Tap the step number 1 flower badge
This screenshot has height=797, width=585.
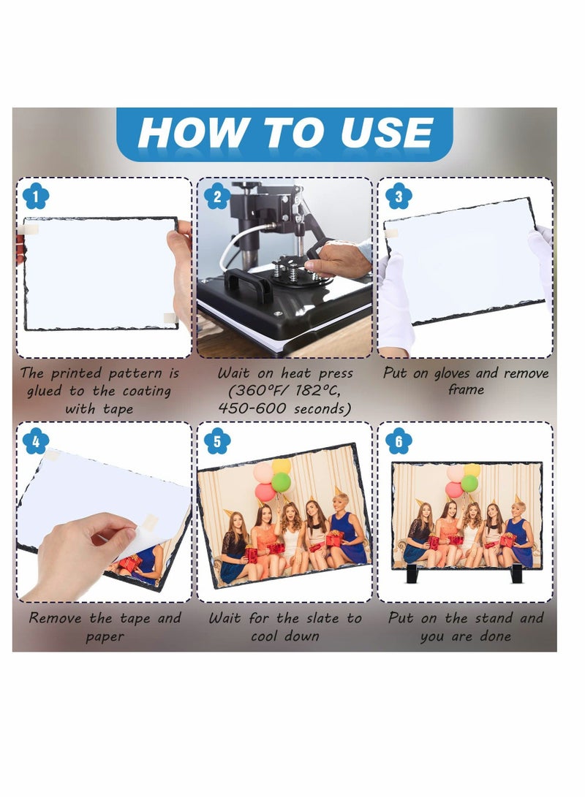pyautogui.click(x=36, y=197)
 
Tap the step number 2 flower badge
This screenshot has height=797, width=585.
pyautogui.click(x=217, y=197)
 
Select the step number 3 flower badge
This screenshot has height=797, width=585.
pyautogui.click(x=399, y=197)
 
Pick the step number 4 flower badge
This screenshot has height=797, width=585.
pyautogui.click(x=36, y=441)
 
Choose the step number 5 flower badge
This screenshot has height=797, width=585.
pyautogui.click(x=217, y=441)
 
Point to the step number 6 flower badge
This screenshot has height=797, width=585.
pyautogui.click(x=399, y=441)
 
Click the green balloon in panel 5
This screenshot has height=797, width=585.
pyautogui.click(x=281, y=482)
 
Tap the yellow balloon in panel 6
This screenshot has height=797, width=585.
pyautogui.click(x=472, y=470)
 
